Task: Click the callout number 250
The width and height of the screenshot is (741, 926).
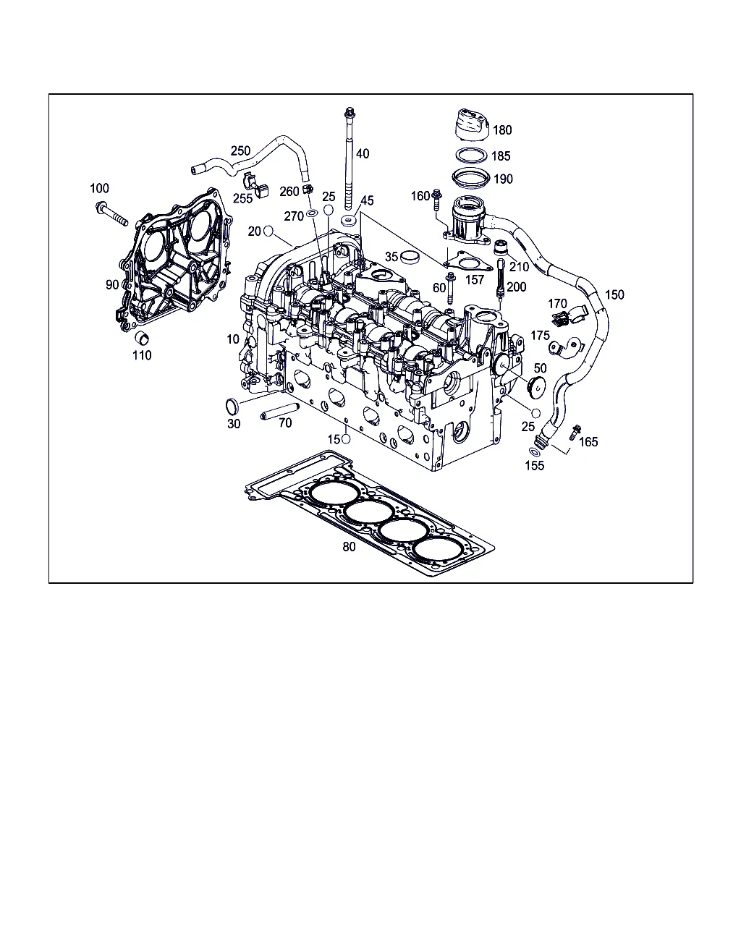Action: coord(240,150)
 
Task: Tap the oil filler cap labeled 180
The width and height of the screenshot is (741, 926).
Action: coord(472,125)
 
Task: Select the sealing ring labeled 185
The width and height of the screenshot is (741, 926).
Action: coord(472,156)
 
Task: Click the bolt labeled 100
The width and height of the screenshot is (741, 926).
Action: coord(111,213)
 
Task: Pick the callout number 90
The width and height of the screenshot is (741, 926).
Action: coord(112,284)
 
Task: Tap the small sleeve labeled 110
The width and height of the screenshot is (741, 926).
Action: coord(142,338)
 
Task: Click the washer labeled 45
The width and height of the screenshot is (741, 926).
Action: coord(348,221)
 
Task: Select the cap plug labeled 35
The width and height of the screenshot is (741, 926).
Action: coord(410,257)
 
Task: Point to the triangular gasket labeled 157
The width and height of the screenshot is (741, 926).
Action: coord(468,262)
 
